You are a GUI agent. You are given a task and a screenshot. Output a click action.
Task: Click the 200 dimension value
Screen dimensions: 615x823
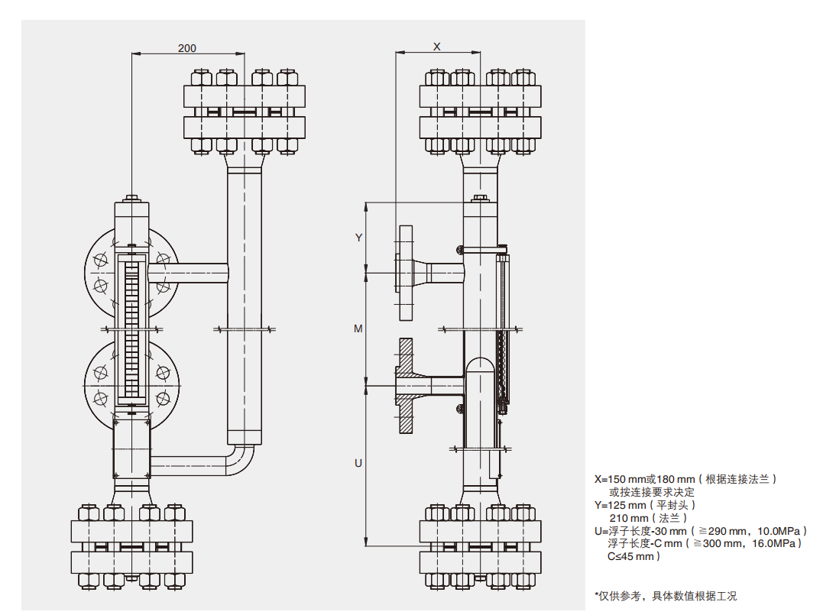[x=187, y=48]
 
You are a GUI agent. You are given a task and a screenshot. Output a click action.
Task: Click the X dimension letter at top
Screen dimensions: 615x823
[x=437, y=47]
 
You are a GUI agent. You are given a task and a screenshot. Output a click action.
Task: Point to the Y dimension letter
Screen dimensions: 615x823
[x=358, y=238]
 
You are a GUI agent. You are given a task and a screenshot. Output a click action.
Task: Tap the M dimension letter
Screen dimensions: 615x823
[x=358, y=329]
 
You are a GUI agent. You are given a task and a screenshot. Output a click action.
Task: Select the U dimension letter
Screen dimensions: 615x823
[x=358, y=464]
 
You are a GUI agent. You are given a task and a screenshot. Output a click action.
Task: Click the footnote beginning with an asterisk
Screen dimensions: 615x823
[x=666, y=596]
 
